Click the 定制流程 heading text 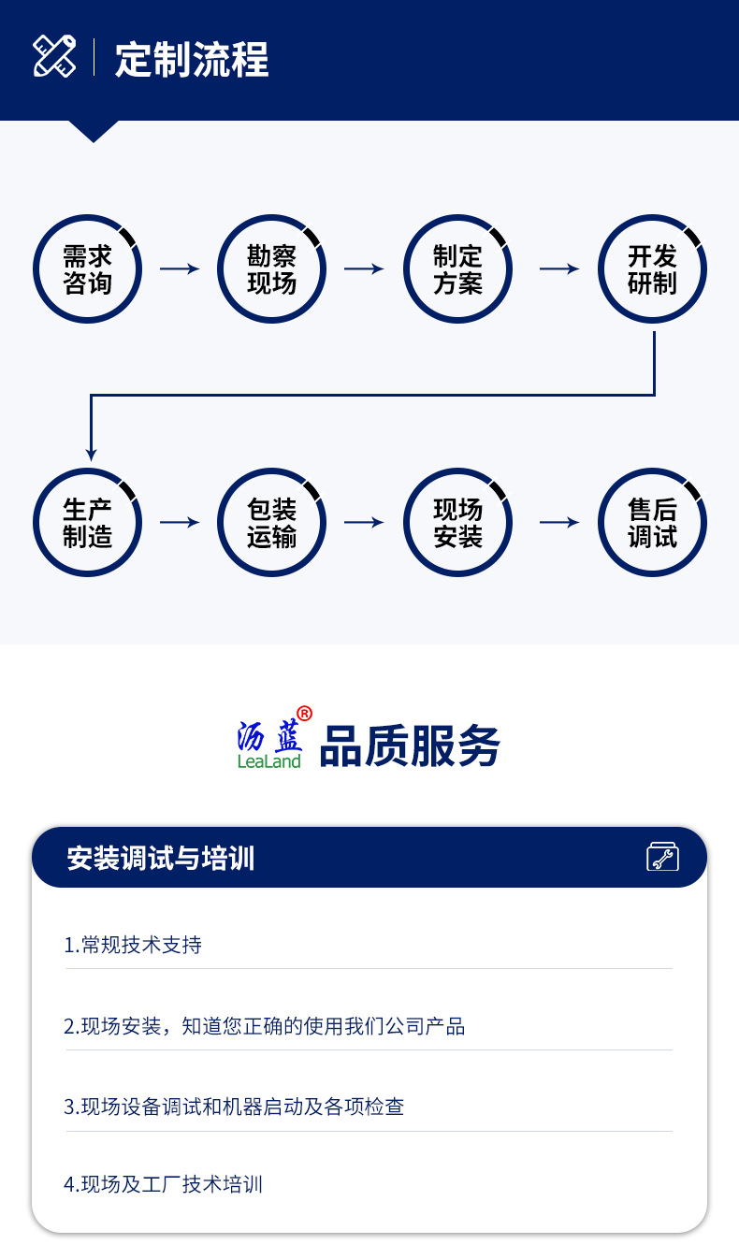coord(192,60)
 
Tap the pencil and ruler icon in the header coord(55,56)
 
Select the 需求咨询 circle coord(87,269)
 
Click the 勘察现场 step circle coord(272,269)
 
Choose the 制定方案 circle coord(457,269)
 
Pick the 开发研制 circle coord(652,269)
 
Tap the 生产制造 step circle coord(87,522)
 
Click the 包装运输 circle coord(272,522)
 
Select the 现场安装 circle coord(457,522)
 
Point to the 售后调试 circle coord(652,522)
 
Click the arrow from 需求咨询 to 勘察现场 coord(180,269)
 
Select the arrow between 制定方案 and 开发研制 coord(559,269)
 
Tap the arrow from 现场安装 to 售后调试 coord(559,522)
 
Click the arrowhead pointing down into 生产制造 coord(91,453)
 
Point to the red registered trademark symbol coord(304,714)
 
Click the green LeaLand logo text coord(269,761)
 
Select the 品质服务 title coord(410,746)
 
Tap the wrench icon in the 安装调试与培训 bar coord(662,857)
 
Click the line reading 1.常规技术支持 coord(133,945)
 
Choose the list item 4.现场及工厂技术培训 coord(164,1184)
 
